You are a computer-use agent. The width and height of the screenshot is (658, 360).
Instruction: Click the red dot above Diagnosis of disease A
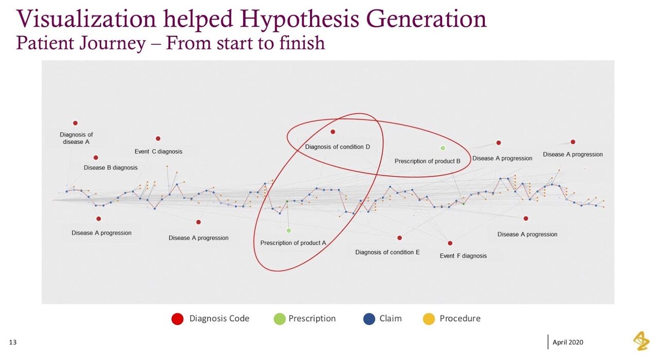[x=75, y=123]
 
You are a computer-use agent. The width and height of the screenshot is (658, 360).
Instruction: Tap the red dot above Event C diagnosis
[x=158, y=138]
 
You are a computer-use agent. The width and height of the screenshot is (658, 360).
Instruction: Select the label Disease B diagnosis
[x=111, y=168]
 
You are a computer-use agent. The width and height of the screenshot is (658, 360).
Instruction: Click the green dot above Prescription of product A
[x=289, y=230]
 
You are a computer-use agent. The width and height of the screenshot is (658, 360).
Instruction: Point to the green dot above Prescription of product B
[x=443, y=148]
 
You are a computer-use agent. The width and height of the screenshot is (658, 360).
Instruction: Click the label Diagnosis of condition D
[x=338, y=147]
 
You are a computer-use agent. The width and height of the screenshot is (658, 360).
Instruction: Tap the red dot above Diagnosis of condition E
[x=399, y=238]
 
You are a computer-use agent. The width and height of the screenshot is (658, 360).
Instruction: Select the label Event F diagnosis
[x=463, y=256]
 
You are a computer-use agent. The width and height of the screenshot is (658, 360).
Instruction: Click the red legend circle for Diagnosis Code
[x=177, y=319]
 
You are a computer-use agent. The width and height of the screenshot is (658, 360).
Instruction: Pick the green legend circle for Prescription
[x=280, y=319]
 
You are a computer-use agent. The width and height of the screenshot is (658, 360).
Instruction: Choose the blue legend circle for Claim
[x=369, y=319]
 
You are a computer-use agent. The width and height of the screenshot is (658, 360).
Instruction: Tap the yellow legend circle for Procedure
[x=429, y=319]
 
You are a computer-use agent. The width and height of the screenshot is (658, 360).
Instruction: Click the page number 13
[x=13, y=343]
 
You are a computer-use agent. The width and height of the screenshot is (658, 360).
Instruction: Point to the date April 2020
[x=568, y=343]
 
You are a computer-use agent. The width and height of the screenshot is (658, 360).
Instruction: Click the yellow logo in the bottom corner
[x=641, y=341]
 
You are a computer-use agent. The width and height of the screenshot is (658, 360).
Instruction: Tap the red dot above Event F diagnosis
[x=450, y=243]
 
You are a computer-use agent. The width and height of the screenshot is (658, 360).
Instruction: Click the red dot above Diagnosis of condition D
[x=333, y=132]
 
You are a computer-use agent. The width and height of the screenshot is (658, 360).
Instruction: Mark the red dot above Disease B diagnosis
[x=96, y=158]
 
